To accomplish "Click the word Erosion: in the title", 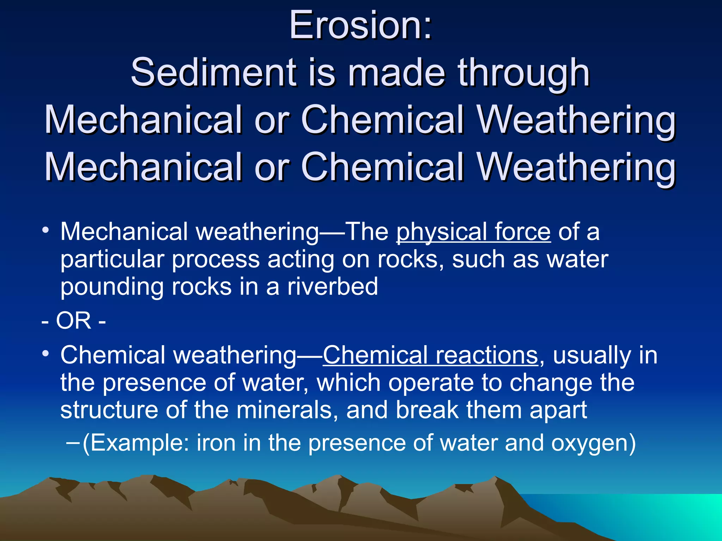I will coord(360,25).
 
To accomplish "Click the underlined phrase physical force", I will coord(473,232).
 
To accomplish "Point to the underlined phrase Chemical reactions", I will coord(430,355).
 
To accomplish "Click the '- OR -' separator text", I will coord(73,321).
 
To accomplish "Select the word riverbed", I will coord(332,286).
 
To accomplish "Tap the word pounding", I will coord(112,287).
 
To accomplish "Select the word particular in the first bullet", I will coord(112,260).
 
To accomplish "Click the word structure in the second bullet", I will coord(109,410).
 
